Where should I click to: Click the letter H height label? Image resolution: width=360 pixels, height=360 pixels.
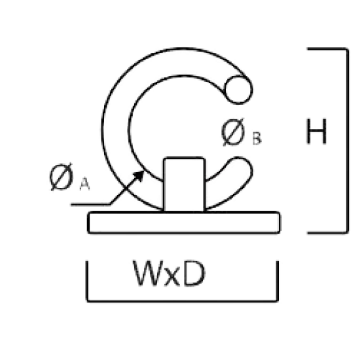(317, 132)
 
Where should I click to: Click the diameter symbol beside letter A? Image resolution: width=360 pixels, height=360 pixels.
(62, 177)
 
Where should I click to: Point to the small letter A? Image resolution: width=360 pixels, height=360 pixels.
(84, 184)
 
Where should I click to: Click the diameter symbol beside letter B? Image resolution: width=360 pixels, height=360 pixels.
(233, 132)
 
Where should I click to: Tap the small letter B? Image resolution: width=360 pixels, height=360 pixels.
(257, 139)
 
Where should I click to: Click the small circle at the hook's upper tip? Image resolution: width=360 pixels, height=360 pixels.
(238, 90)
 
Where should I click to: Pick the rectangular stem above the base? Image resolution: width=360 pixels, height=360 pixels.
(184, 185)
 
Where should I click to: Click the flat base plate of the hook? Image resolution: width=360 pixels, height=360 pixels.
(184, 223)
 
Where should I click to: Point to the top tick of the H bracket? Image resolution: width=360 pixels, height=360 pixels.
(327, 49)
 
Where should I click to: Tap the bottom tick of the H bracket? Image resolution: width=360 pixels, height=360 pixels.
(327, 232)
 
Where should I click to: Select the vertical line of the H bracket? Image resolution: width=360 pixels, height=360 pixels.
(348, 141)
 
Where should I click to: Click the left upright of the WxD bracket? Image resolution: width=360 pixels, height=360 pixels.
(87, 281)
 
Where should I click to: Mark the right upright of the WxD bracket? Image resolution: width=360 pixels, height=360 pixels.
(278, 281)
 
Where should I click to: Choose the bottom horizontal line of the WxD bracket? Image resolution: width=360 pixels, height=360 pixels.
(183, 301)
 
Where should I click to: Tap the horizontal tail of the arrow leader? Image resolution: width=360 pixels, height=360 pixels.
(91, 204)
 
